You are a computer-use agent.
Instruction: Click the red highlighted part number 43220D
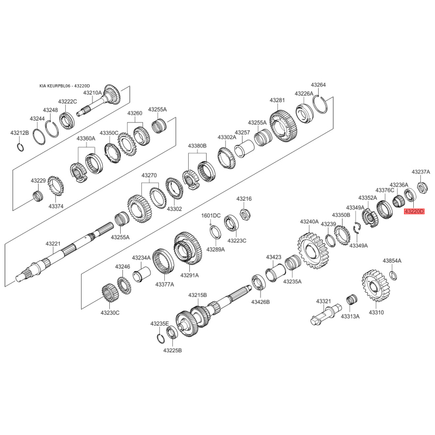(x=414, y=212)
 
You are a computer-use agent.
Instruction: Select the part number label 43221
(x=53, y=244)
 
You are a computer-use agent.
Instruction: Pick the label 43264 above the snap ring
(x=318, y=85)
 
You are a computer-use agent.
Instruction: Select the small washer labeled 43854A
(x=393, y=275)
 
